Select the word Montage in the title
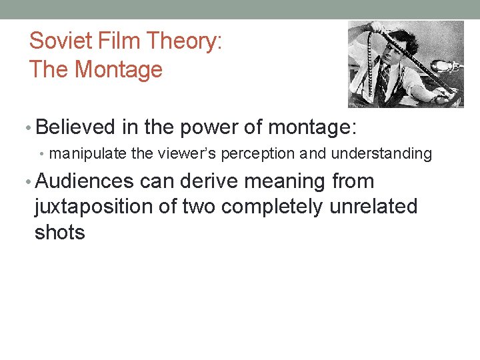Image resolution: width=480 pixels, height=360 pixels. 119,69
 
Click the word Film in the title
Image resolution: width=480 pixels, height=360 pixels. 122,41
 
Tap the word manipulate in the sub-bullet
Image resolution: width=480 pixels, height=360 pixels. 89,154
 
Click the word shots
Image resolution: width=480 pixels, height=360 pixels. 60,233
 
